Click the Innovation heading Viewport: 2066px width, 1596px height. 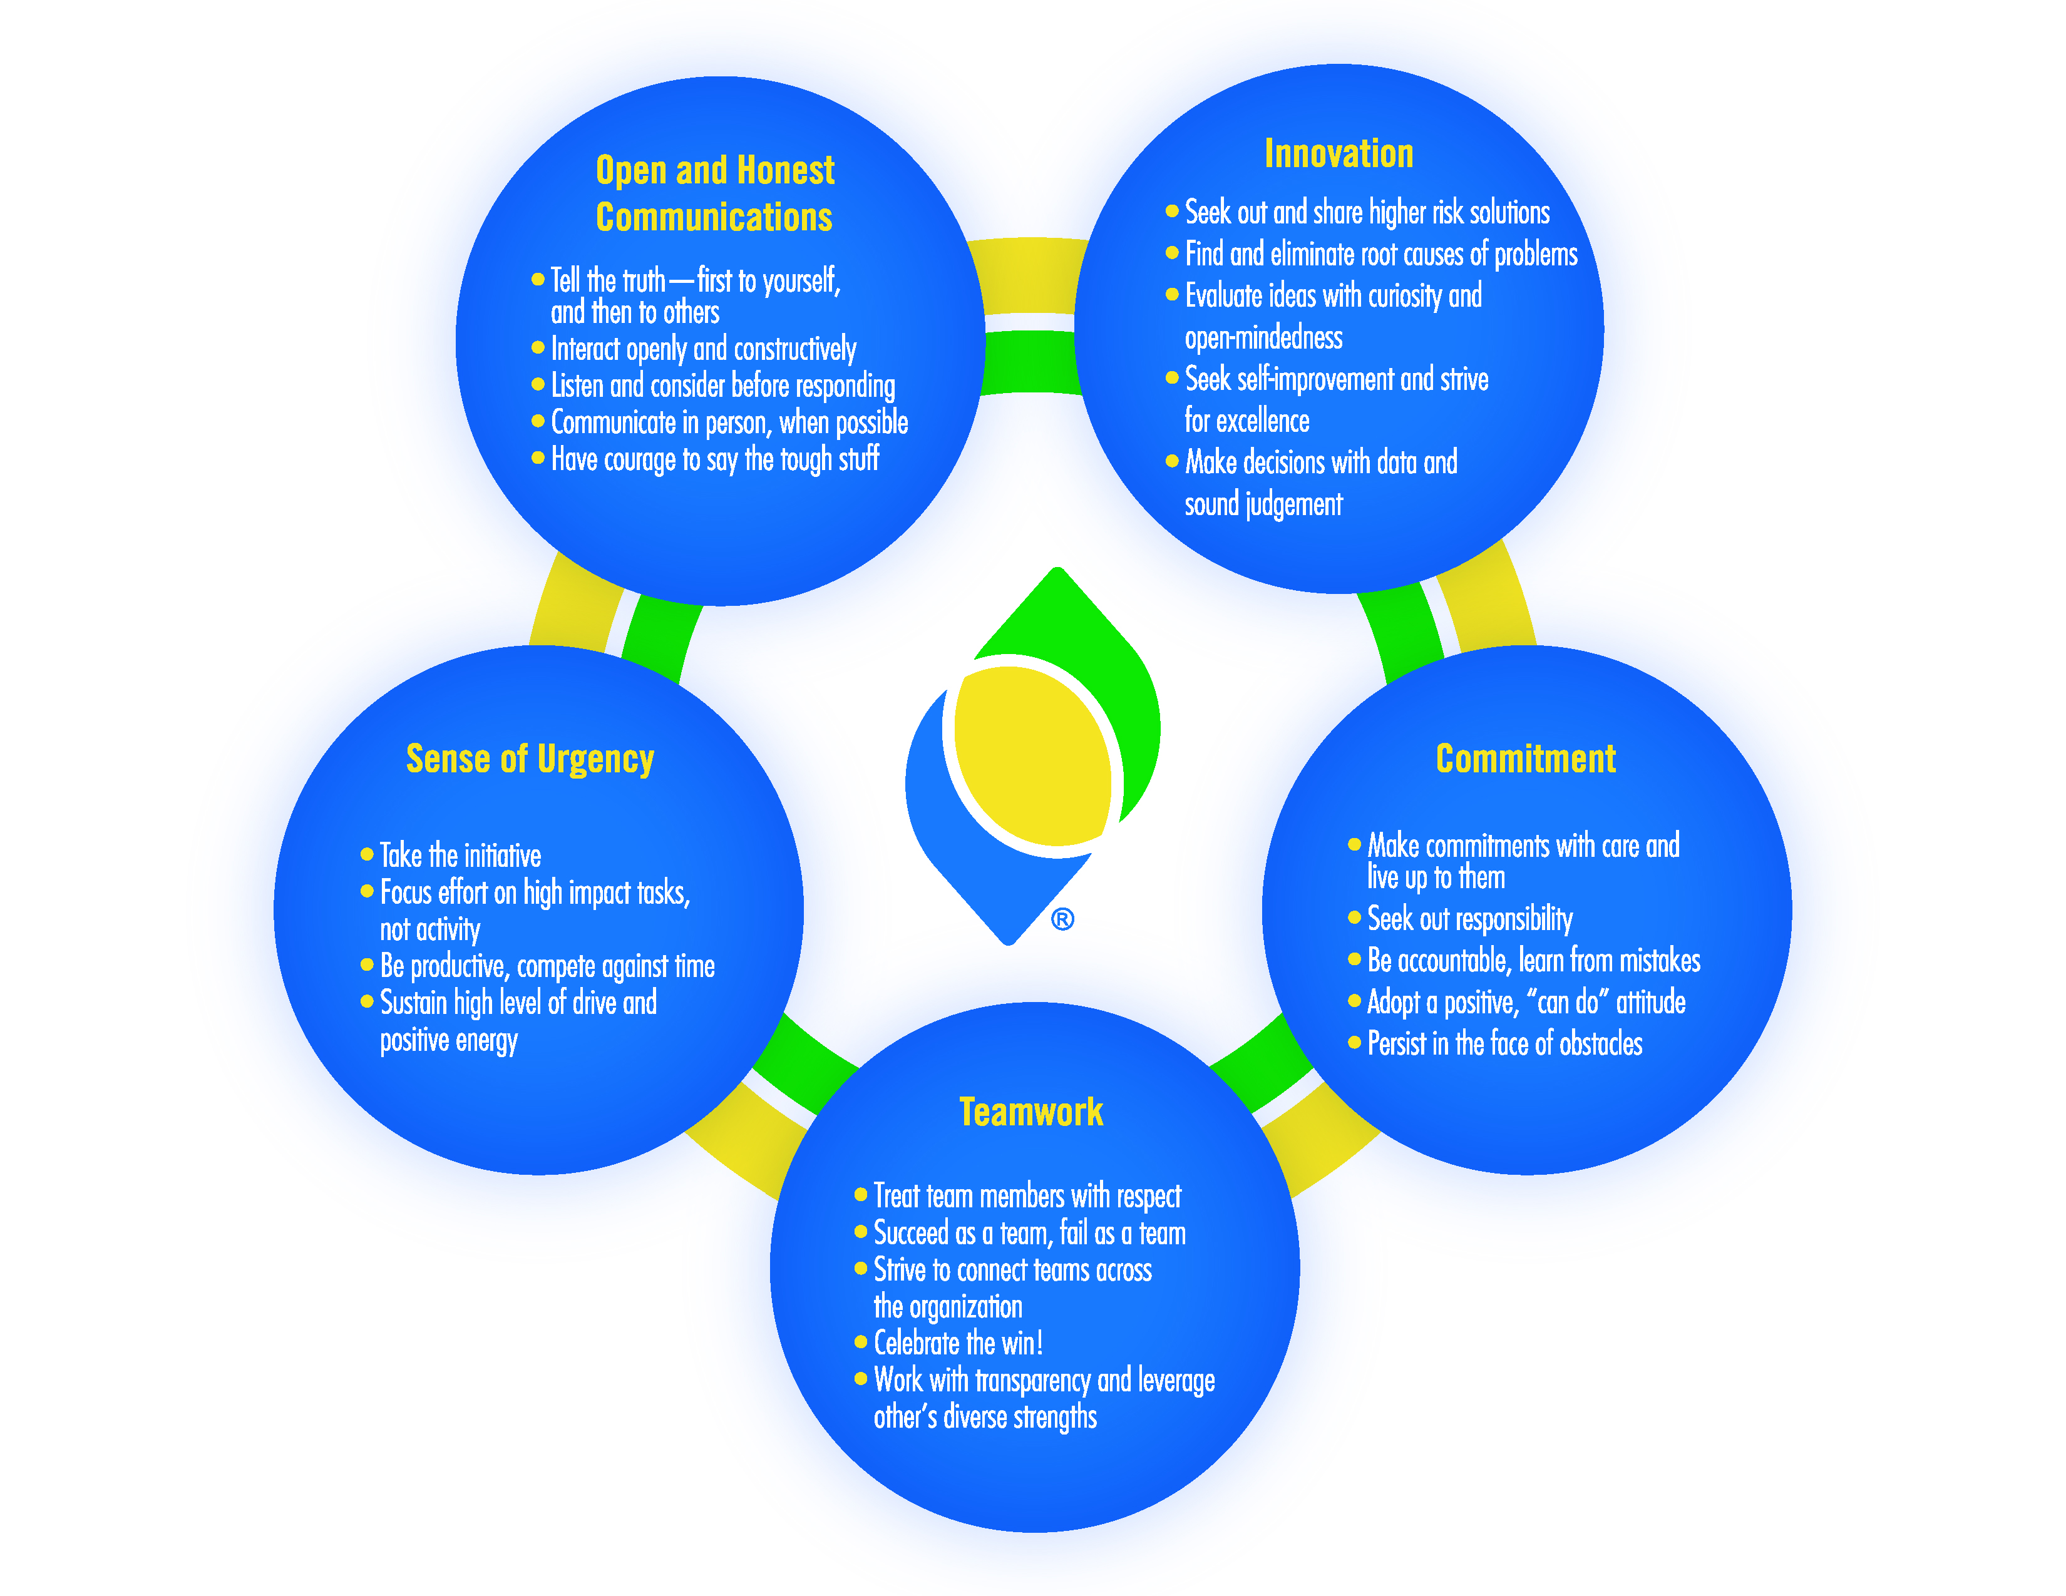1339,153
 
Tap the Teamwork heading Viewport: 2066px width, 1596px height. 1031,1112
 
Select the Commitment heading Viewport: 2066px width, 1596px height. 1526,759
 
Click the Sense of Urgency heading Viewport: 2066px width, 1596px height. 530,759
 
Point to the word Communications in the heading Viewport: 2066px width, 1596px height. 714,217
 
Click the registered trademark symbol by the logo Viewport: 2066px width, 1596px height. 1062,919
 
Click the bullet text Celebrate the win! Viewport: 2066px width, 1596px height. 958,1343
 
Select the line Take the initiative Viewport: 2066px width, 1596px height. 461,856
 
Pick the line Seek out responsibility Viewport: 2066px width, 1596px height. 1470,919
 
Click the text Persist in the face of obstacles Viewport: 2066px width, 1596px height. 1505,1044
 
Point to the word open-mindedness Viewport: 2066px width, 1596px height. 1264,337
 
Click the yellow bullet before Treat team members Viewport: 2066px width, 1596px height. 861,1194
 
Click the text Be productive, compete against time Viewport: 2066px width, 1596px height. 548,967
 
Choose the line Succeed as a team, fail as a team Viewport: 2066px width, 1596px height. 1029,1233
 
